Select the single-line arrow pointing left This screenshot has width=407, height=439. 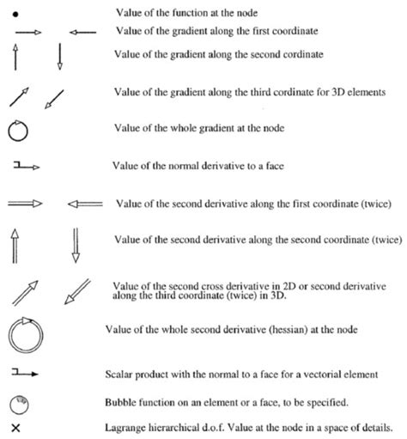point(82,32)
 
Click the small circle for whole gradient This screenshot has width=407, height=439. point(18,131)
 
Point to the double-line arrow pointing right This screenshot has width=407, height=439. point(29,204)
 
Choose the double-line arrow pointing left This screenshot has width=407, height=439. point(84,204)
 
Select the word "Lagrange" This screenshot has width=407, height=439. point(131,427)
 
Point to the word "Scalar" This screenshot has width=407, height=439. point(125,374)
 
